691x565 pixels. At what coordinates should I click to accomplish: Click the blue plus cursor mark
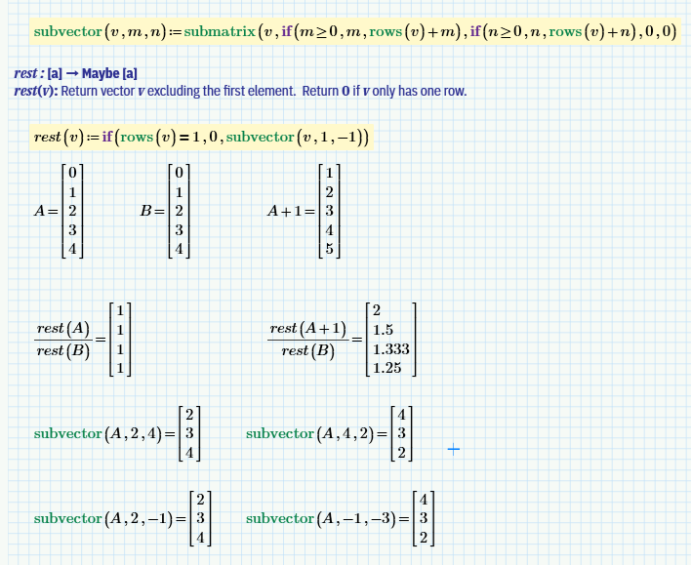[x=453, y=449]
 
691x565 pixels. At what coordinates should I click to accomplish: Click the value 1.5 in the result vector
[x=384, y=330]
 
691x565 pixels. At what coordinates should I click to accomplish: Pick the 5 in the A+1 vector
[x=329, y=248]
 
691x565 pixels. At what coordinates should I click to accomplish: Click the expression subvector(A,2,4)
[x=99, y=433]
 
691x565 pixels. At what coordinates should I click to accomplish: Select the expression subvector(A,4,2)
[x=311, y=433]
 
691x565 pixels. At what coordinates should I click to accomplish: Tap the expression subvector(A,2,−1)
[x=102, y=518]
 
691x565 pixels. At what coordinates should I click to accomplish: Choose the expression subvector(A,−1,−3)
[x=319, y=518]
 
